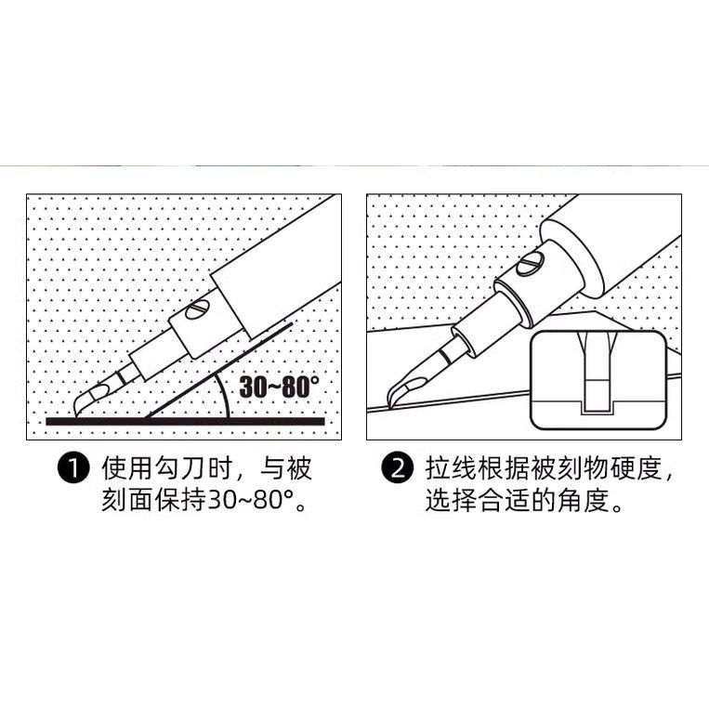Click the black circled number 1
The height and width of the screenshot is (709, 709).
click(72, 469)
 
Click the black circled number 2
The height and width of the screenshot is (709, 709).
click(399, 469)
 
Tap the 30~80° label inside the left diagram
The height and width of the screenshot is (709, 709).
click(279, 387)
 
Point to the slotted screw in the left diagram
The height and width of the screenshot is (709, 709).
click(199, 310)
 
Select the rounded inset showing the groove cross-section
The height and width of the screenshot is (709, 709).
click(597, 382)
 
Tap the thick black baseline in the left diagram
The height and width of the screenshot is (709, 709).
click(186, 422)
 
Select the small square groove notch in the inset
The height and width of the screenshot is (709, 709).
click(597, 405)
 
